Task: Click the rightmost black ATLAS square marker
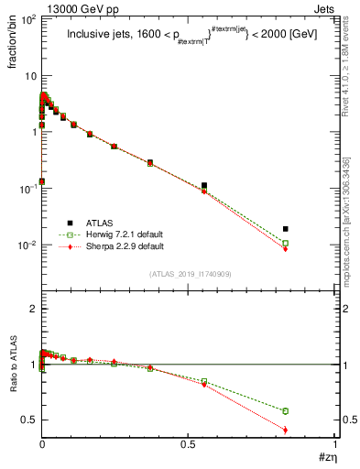tap(312, 229)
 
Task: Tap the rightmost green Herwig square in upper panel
tap(312, 244)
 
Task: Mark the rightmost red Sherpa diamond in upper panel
tap(312, 249)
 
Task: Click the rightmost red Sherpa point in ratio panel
tap(312, 430)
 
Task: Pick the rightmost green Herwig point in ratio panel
tap(312, 410)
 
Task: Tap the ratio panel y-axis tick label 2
tap(32, 310)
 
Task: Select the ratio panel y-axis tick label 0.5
tap(27, 420)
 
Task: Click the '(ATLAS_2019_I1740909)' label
tap(190, 275)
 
